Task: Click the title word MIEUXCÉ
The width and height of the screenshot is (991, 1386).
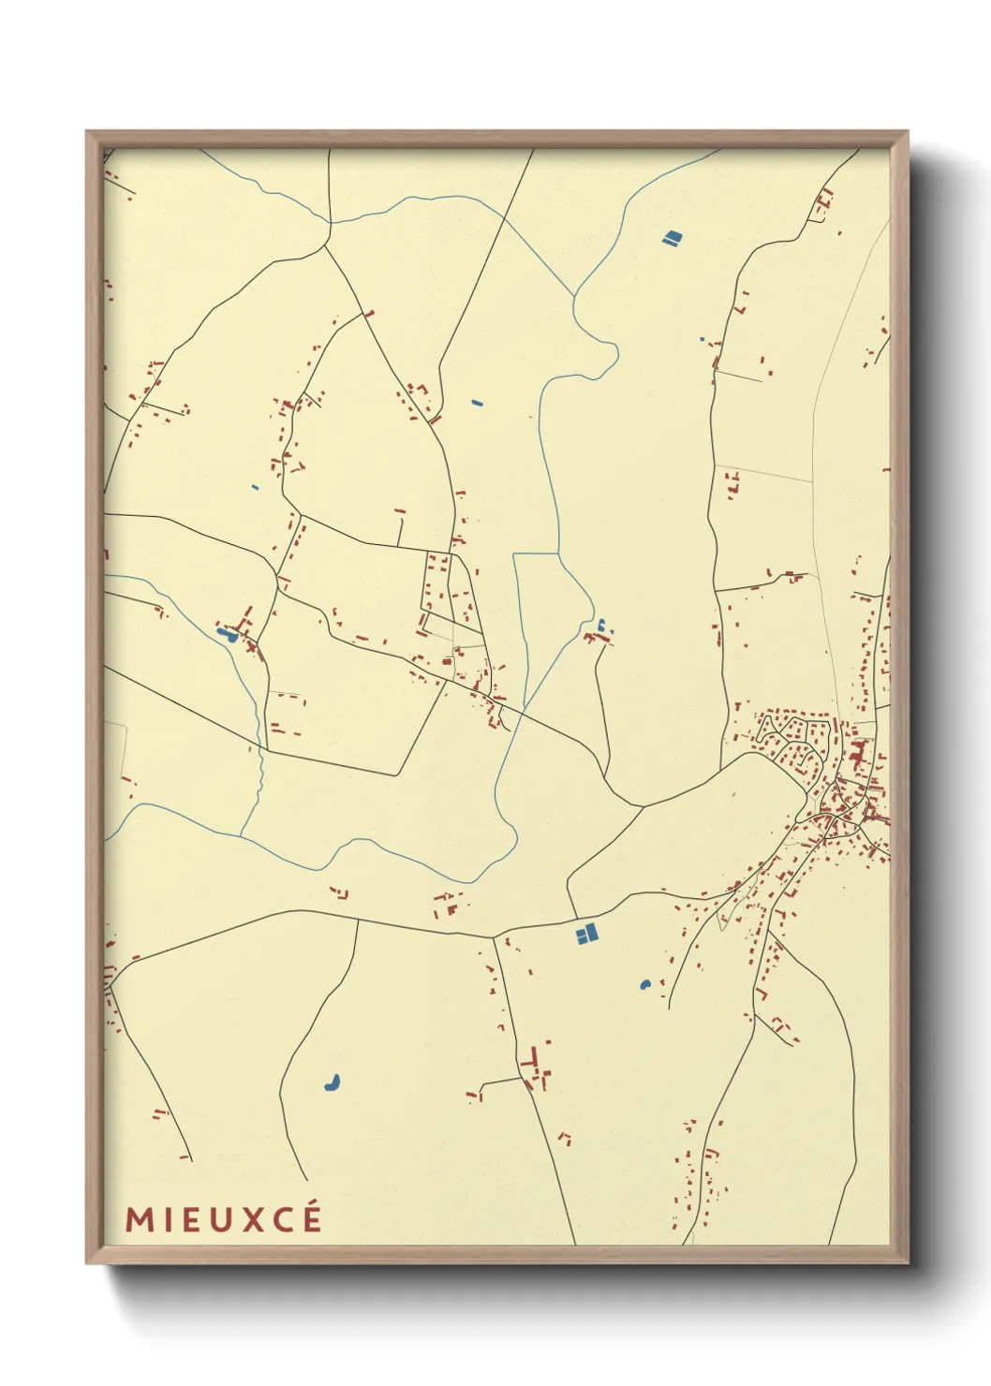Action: pos(224,1219)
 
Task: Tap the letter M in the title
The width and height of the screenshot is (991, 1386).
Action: pos(138,1220)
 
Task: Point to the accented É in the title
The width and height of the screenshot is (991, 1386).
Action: pos(312,1218)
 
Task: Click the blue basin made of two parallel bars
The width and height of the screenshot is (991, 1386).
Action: pos(671,239)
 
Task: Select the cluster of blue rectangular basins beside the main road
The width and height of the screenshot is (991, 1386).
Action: pos(585,934)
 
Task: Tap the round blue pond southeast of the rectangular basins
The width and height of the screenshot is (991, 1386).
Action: pos(644,984)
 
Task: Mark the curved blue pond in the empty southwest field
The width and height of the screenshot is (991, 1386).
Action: pos(332,1083)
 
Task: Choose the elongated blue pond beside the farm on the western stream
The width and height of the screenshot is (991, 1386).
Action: pos(226,635)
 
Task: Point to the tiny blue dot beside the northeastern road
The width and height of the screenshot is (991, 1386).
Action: pos(701,338)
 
